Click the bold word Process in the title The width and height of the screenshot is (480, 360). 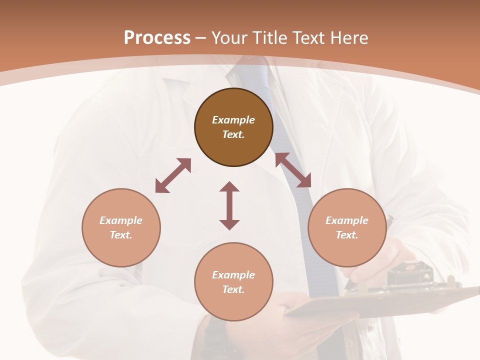(157, 38)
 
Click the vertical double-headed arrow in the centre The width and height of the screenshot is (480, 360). (229, 205)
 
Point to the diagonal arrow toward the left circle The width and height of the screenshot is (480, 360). (173, 175)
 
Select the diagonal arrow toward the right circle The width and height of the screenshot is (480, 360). (293, 170)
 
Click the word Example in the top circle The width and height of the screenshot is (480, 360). (233, 120)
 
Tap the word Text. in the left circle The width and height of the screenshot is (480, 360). (121, 235)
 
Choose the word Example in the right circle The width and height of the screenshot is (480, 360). (347, 220)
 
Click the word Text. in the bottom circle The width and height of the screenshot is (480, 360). (233, 289)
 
